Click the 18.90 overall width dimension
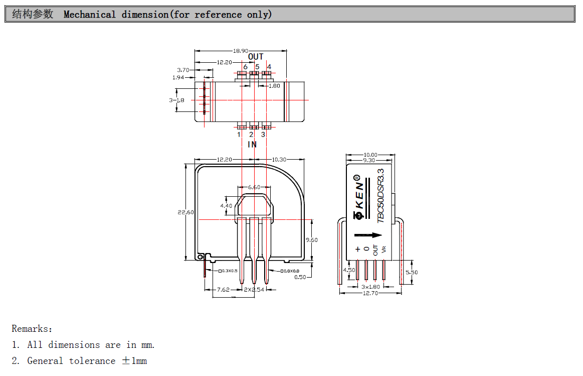coord(241,51)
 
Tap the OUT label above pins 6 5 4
coord(256,57)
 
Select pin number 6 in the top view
coord(245,67)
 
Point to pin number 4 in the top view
coord(269,67)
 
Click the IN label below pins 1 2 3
coord(252,145)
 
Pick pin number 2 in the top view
coord(251,134)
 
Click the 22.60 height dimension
coord(185,212)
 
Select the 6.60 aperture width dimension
coord(254,187)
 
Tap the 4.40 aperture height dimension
coord(226,205)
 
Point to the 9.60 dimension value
coord(311,240)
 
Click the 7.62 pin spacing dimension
coord(223,290)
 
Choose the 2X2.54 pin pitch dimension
coord(254,290)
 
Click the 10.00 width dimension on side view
coord(370,155)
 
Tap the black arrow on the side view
coord(368,235)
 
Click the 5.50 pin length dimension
coord(411,272)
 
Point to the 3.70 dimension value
coord(183,70)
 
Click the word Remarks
coord(32,329)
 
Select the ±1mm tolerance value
coord(134,361)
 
